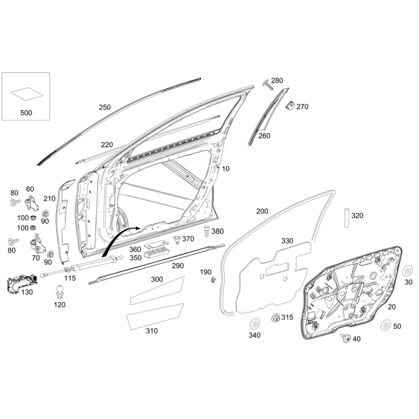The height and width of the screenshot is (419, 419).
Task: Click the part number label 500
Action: (26, 113)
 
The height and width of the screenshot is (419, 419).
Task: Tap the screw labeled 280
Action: (268, 84)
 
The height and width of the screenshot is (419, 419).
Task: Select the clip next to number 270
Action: (290, 105)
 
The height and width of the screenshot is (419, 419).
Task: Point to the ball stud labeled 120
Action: (60, 292)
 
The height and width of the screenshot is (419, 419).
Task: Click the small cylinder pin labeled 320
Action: (347, 217)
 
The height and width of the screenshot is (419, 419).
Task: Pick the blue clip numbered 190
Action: (213, 280)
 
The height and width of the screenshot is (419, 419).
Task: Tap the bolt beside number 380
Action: (206, 231)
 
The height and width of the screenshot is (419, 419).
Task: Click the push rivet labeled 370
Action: (177, 239)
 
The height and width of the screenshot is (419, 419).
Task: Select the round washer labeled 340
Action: (255, 324)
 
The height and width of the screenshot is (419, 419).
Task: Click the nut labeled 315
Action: (275, 318)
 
